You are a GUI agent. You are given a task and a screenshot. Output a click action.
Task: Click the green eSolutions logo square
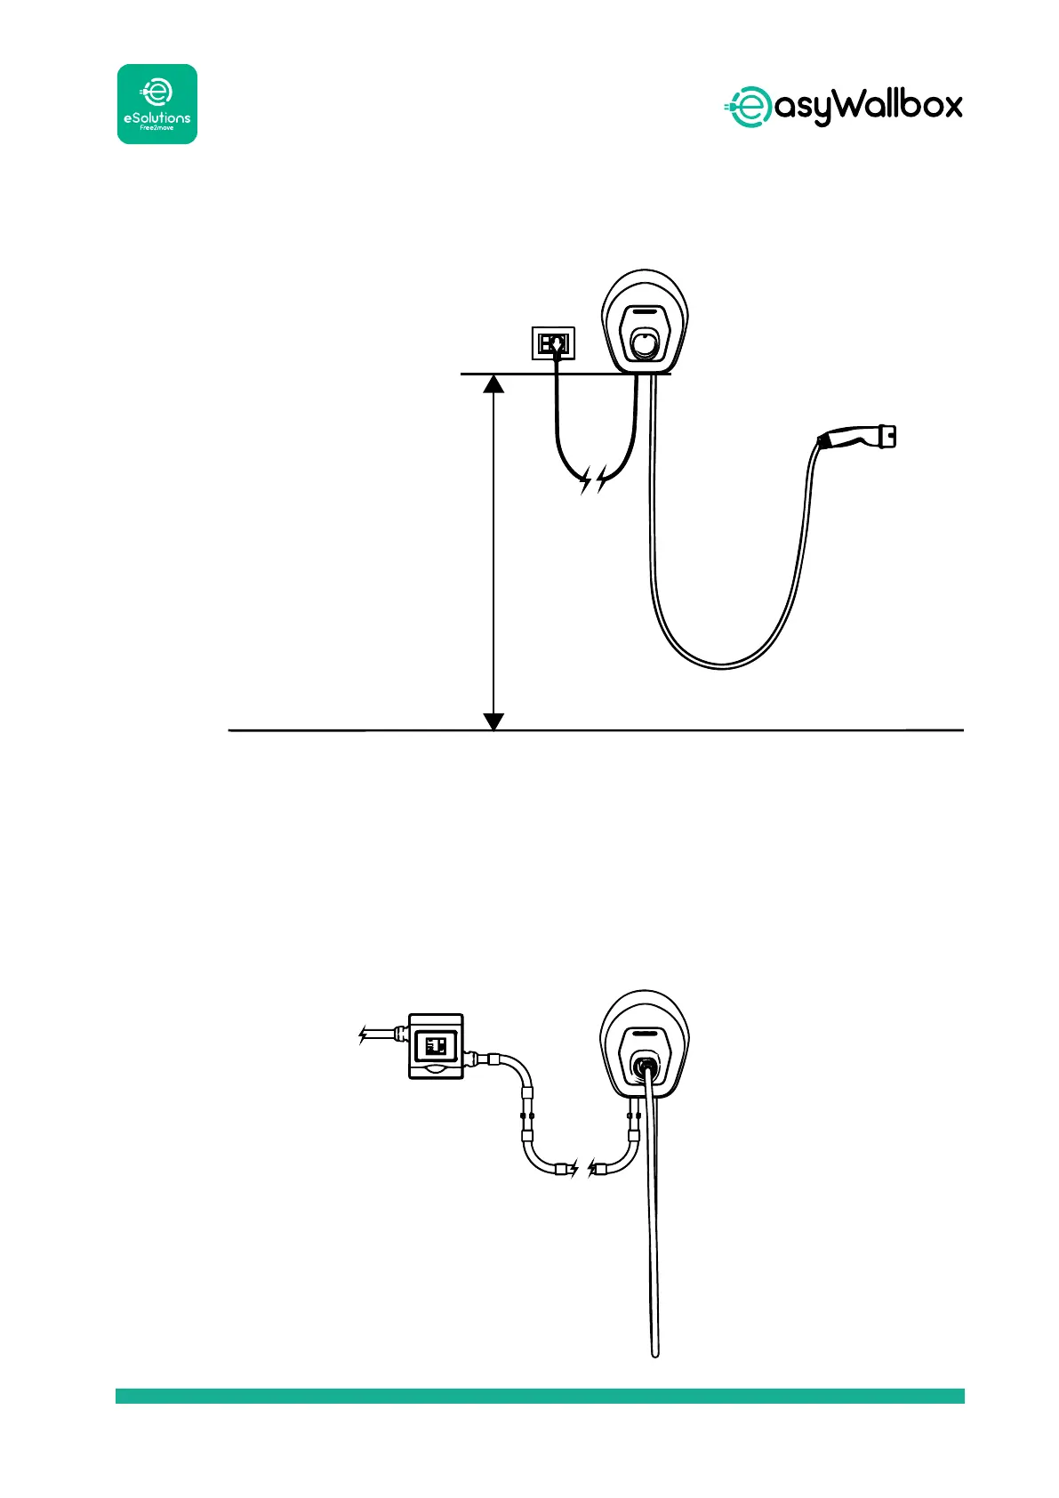tap(157, 104)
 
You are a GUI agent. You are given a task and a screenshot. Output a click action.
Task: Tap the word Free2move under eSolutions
tap(157, 128)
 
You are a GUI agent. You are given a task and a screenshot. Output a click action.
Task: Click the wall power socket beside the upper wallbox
tap(553, 342)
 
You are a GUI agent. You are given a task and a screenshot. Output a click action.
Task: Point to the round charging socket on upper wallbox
tap(645, 342)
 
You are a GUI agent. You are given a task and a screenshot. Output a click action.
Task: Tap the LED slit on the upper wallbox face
tap(646, 312)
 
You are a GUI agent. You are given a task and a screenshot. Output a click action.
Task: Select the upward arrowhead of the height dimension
tap(493, 383)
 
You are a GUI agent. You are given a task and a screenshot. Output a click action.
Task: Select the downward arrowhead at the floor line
tap(493, 721)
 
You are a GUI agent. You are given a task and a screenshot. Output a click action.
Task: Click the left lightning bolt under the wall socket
tap(585, 483)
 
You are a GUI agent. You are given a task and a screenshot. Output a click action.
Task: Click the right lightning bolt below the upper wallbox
tap(604, 480)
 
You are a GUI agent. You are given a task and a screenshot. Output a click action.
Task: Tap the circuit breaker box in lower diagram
tap(436, 1046)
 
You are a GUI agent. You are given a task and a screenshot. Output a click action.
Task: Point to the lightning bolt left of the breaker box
tap(363, 1035)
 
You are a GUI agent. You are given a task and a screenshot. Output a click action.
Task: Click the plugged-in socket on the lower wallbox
tap(646, 1062)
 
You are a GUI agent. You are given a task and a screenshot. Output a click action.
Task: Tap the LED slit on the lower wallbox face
tap(646, 1033)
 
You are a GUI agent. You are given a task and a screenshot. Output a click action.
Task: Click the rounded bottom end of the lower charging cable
tap(655, 1352)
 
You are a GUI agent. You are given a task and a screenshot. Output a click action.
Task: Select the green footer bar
tap(540, 1396)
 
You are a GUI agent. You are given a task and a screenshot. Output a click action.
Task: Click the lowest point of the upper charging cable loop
tap(722, 666)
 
